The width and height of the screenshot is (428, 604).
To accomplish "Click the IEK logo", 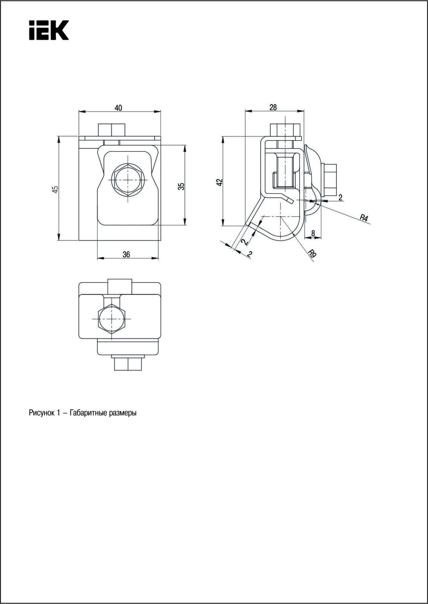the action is tap(49, 30).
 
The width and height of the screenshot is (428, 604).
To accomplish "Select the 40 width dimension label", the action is tap(118, 108).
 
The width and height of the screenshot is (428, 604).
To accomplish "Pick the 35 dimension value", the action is tap(181, 186).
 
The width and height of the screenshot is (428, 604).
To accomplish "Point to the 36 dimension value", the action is tap(126, 255).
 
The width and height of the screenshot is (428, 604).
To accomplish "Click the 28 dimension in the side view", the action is tap(273, 107).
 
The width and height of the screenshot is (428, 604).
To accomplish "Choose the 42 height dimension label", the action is tap(219, 182).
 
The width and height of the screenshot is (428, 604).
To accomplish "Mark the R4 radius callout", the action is tap(364, 218).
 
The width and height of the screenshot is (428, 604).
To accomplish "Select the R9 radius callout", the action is tap(312, 253).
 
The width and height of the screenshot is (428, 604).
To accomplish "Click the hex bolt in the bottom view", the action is tap(112, 319).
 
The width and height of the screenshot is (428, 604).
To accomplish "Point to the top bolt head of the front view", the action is tap(112, 130).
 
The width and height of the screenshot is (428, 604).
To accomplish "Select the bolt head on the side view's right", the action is tap(329, 180).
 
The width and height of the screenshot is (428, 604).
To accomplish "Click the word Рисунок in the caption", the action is tap(40, 413).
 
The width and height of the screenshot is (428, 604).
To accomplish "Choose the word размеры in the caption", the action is tap(123, 413).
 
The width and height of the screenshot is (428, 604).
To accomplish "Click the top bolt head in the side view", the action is tap(285, 130).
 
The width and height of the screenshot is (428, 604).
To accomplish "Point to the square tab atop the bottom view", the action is tap(120, 286).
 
